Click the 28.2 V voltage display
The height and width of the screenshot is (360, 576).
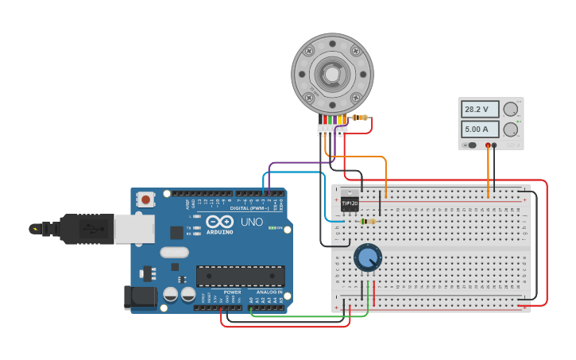pos(480,109)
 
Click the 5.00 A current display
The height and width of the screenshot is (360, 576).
pos(480,129)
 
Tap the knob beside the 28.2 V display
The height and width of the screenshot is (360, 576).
pos(511,109)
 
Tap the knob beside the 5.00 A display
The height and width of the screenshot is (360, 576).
pos(511,129)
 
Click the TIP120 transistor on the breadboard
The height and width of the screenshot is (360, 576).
pos(350,203)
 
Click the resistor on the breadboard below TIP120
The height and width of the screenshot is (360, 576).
pos(368,222)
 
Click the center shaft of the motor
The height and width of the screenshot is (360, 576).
pos(331,74)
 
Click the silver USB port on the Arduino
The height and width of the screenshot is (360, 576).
pos(133,229)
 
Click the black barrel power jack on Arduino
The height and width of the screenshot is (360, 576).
pos(138,297)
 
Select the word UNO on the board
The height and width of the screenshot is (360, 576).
pos(252,222)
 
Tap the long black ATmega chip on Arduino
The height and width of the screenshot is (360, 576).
pos(241,276)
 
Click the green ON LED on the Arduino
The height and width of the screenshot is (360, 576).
pos(272,229)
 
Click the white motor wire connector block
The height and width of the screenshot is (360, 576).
pos(332,130)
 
